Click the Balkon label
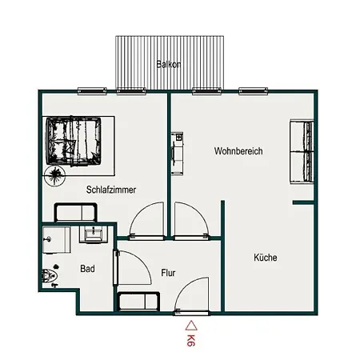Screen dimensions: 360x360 (x=169, y=65)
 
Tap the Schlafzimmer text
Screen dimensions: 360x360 (x=111, y=190)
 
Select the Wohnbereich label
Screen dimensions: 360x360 (x=238, y=151)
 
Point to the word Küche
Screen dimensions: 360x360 (x=266, y=258)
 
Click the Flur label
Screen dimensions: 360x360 (x=168, y=273)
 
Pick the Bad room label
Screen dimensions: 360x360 (x=87, y=269)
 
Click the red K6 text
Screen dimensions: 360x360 (x=191, y=340)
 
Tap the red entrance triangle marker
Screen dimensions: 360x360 (x=191, y=326)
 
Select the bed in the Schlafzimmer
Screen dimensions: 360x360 (x=74, y=141)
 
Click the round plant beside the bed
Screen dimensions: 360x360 (x=55, y=175)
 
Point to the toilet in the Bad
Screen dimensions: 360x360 (x=50, y=276)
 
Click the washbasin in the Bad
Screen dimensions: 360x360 (x=94, y=234)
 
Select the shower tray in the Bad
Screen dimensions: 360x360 (x=56, y=240)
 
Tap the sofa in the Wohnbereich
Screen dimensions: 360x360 (x=302, y=152)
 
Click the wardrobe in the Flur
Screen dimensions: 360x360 (x=138, y=302)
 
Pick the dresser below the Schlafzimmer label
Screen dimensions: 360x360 (x=75, y=212)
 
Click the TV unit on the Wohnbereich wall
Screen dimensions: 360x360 (x=177, y=154)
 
